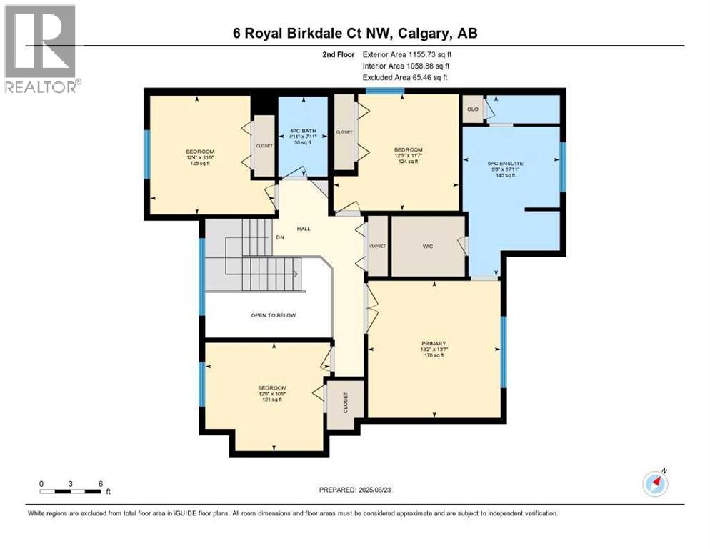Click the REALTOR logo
41,49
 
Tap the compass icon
656,483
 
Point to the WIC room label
428,247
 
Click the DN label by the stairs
280,238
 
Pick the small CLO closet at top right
472,109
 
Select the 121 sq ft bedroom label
270,394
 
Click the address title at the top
354,33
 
